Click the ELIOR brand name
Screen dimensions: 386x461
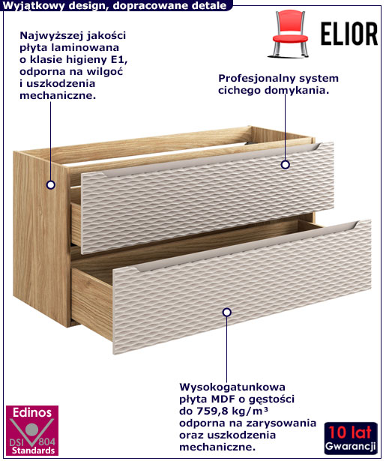point(349,34)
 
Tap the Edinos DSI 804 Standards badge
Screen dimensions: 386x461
point(32,430)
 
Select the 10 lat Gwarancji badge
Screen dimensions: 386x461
point(351,438)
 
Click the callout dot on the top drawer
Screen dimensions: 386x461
point(285,164)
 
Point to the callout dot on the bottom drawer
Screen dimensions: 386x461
point(226,313)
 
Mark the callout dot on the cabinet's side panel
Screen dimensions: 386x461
point(51,185)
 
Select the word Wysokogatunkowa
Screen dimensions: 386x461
point(232,387)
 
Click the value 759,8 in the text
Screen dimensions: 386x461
point(213,411)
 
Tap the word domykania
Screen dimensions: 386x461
point(296,91)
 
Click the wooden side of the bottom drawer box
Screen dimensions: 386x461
point(91,303)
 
